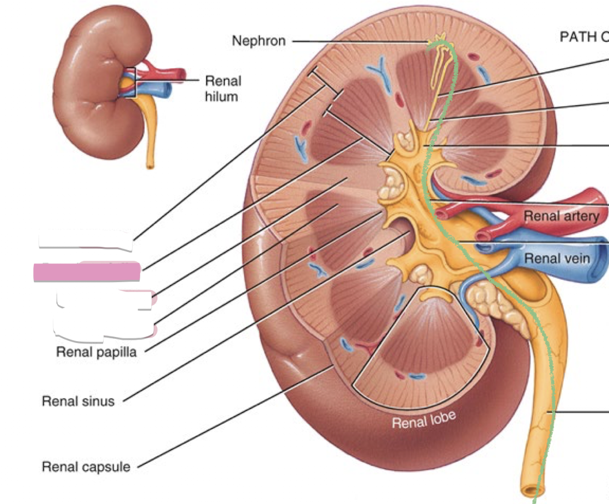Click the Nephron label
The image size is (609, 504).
click(259, 41)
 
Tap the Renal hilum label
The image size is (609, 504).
click(222, 88)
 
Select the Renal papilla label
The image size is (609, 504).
click(96, 351)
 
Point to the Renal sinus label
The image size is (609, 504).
click(78, 400)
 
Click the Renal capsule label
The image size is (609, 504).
click(86, 466)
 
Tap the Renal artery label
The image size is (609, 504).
click(561, 216)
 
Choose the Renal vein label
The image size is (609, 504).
click(557, 258)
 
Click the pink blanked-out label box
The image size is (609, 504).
click(87, 272)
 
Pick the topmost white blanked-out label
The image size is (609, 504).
click(86, 239)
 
